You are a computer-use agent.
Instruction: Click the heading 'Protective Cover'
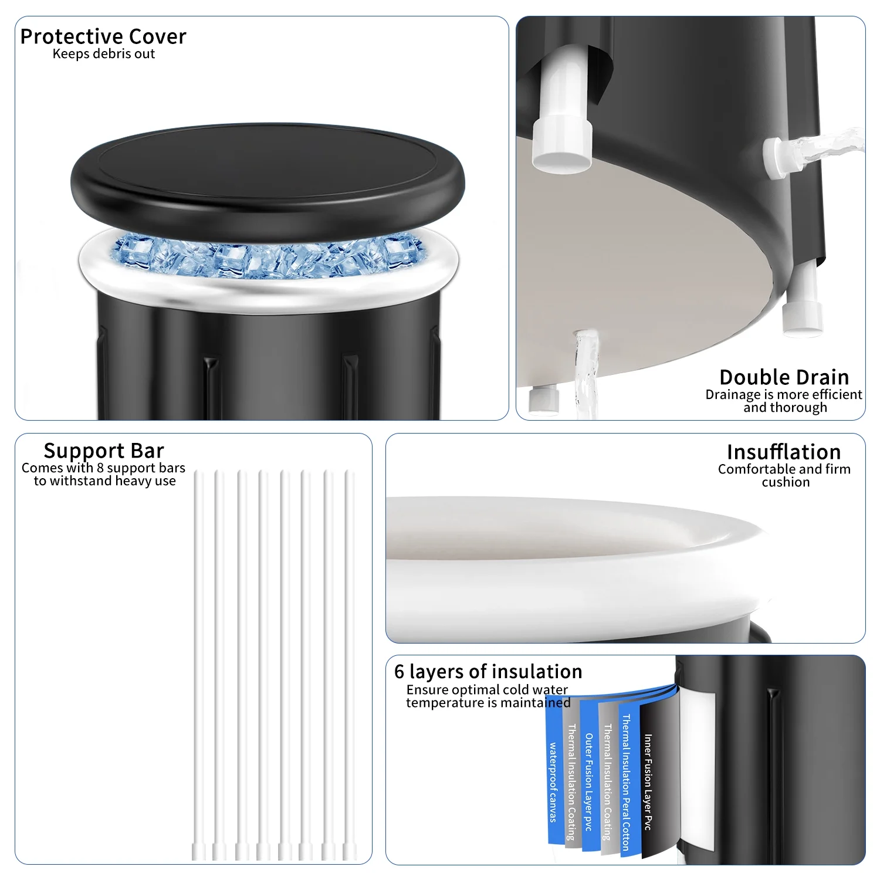(x=103, y=36)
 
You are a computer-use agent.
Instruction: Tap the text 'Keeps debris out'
(x=104, y=54)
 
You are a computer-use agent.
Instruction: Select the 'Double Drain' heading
(x=784, y=377)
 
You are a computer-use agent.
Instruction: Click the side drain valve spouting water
(x=783, y=155)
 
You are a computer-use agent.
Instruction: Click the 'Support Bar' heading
(x=104, y=451)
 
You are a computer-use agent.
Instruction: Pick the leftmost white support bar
(x=198, y=665)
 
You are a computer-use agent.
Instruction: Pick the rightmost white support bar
(x=350, y=665)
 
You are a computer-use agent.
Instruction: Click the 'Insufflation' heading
(x=784, y=452)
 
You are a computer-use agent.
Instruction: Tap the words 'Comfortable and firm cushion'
(x=784, y=475)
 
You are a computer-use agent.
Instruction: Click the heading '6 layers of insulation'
(x=488, y=671)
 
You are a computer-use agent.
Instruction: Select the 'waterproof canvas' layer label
(x=553, y=782)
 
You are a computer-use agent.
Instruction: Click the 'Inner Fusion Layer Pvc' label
(x=648, y=782)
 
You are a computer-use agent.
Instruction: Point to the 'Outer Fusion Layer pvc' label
(x=588, y=782)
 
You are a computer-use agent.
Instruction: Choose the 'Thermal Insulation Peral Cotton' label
(x=626, y=782)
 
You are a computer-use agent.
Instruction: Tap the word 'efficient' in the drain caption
(x=837, y=394)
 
